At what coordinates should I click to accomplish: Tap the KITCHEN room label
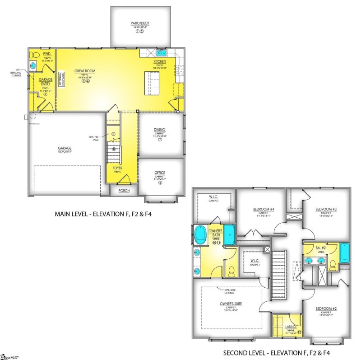tap(160, 61)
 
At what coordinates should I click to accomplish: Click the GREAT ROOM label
tap(83, 71)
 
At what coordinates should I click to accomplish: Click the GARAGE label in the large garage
tap(65, 148)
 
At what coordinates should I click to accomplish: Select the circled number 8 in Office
tap(160, 182)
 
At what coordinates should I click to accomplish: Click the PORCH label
tap(124, 191)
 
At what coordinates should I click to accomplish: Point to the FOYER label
tap(117, 168)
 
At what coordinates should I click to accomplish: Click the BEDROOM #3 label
tap(326, 209)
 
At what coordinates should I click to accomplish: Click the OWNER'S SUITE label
tap(231, 308)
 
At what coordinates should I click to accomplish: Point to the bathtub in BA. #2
tap(344, 253)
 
